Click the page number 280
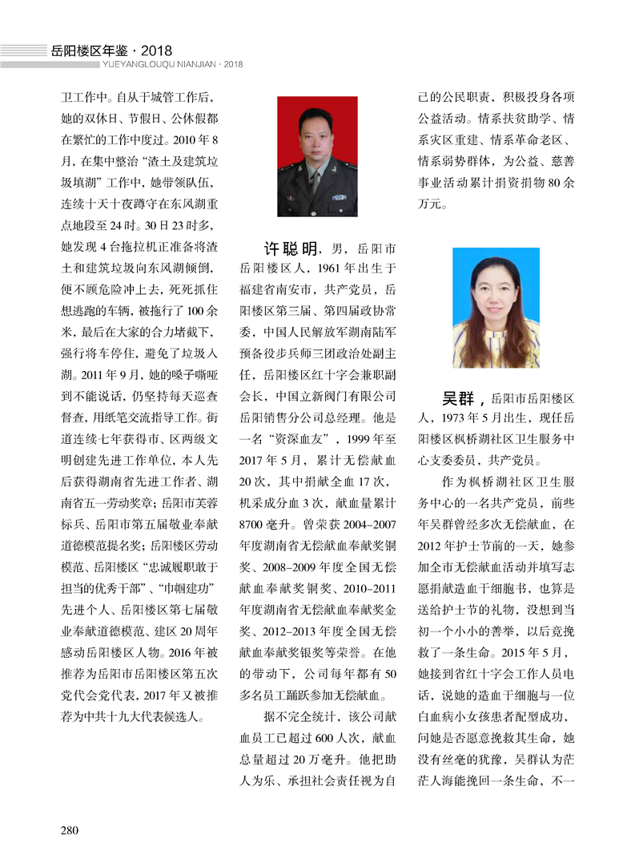pyautogui.click(x=70, y=829)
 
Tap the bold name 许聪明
pyautogui.click(x=292, y=248)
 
